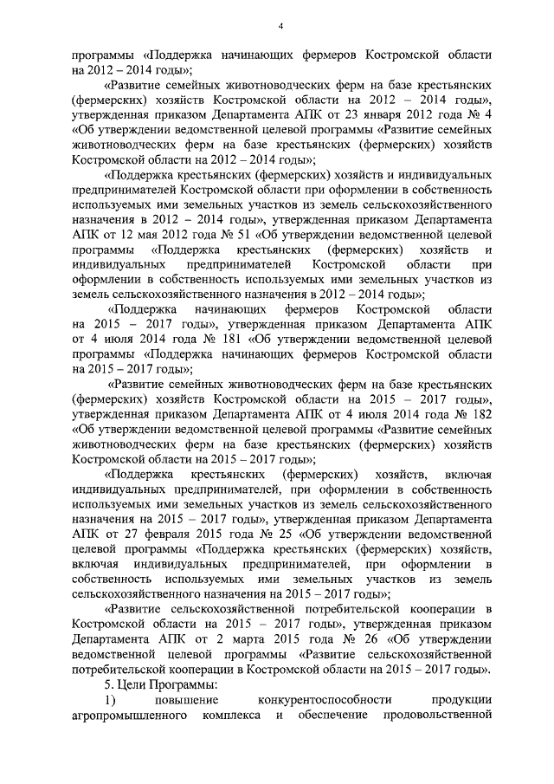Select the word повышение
click(x=187, y=700)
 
